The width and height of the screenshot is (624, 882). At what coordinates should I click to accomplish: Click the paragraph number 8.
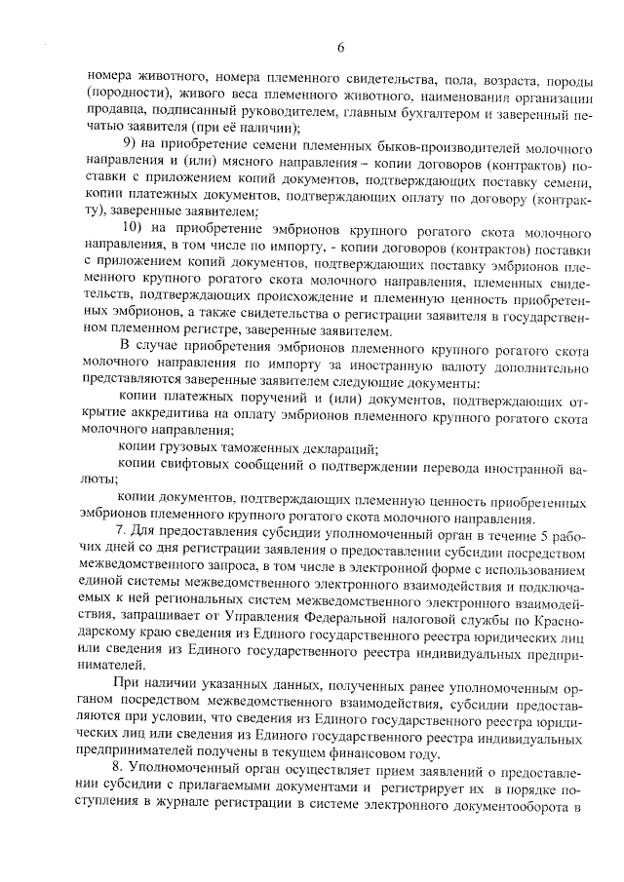pyautogui.click(x=121, y=769)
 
